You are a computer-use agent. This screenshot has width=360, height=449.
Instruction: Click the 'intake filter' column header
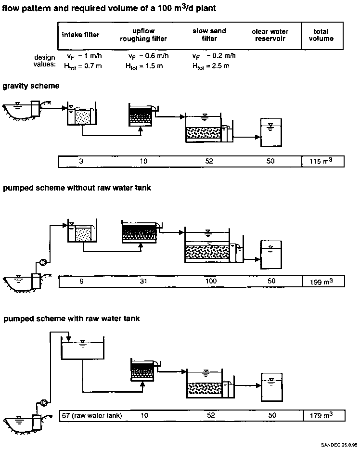[x=79, y=35]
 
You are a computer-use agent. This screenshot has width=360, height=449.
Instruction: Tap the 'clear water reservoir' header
[x=270, y=35]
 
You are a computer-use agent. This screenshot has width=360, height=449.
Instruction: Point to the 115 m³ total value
[x=322, y=162]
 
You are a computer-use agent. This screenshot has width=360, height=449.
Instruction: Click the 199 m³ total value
[x=322, y=282]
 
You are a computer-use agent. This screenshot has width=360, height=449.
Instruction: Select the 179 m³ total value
[x=322, y=415]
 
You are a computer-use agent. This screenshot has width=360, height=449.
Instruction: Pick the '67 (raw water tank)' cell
[x=91, y=415]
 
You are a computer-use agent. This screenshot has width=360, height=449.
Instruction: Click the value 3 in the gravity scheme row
[x=81, y=162]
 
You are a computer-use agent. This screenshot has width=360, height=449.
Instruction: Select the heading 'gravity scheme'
[x=31, y=86]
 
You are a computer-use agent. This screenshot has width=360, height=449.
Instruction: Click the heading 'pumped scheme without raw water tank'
[x=77, y=188]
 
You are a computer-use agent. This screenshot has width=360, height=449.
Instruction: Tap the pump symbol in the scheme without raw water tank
[x=42, y=262]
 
